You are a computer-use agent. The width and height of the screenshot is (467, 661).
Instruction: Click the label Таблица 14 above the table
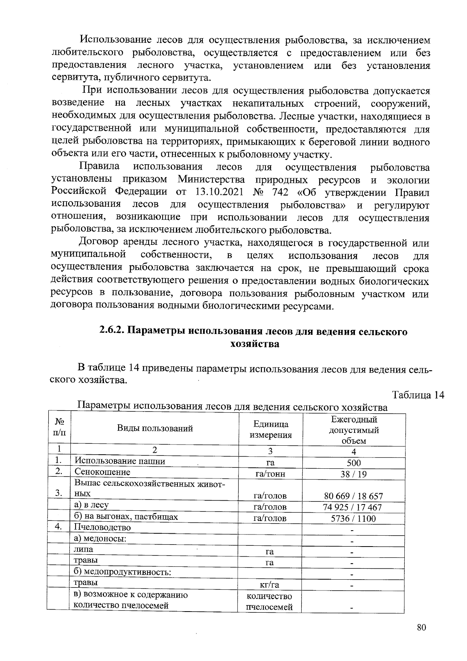tap(418, 395)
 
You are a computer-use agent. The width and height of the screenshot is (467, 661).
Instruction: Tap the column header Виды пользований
tap(155, 429)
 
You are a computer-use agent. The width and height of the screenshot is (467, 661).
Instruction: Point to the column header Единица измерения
tap(270, 429)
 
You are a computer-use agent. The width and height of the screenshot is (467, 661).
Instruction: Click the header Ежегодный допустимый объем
tap(354, 430)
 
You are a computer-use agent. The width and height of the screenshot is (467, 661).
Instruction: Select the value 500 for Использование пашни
tap(354, 463)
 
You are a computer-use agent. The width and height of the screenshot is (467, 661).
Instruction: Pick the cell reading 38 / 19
tap(354, 474)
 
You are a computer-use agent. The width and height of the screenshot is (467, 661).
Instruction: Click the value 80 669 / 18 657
tap(354, 496)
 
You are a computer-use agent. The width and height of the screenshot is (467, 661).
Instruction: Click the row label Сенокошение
tap(102, 472)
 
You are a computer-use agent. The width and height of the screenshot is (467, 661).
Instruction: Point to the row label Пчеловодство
tap(103, 527)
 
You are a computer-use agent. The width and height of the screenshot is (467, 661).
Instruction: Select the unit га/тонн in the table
tap(270, 474)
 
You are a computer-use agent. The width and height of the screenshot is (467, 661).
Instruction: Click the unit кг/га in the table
tap(269, 585)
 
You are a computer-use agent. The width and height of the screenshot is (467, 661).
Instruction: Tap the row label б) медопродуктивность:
tap(123, 572)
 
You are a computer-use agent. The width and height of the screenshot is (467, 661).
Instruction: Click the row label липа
tap(84, 549)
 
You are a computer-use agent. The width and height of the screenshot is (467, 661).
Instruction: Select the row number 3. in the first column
tap(59, 493)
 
